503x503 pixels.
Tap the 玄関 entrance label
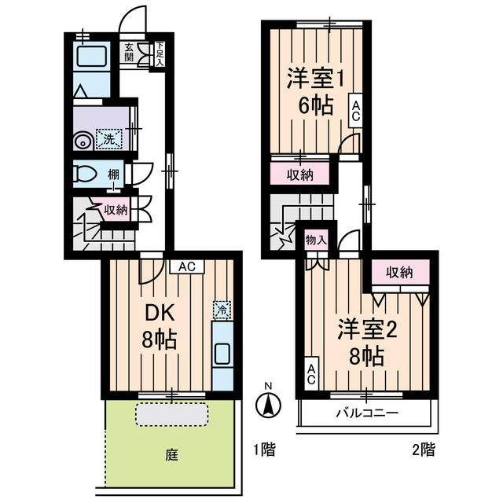129,53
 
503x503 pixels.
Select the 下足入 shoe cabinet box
160,54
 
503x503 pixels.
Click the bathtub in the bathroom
91,56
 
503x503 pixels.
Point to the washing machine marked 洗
109,139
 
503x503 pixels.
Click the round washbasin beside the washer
83,141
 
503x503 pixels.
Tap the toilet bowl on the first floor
85,174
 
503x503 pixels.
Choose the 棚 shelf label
113,174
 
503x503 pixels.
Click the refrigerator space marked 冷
222,310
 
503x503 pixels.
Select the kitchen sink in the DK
222,354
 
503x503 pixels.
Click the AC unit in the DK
187,266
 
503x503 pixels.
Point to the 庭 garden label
172,455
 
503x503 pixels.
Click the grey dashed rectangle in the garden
171,414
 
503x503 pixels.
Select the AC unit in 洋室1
355,111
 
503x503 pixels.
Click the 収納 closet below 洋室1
300,174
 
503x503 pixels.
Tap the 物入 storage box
316,240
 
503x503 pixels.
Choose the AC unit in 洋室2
311,374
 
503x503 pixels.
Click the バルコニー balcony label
367,413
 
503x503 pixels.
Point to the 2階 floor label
424,450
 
